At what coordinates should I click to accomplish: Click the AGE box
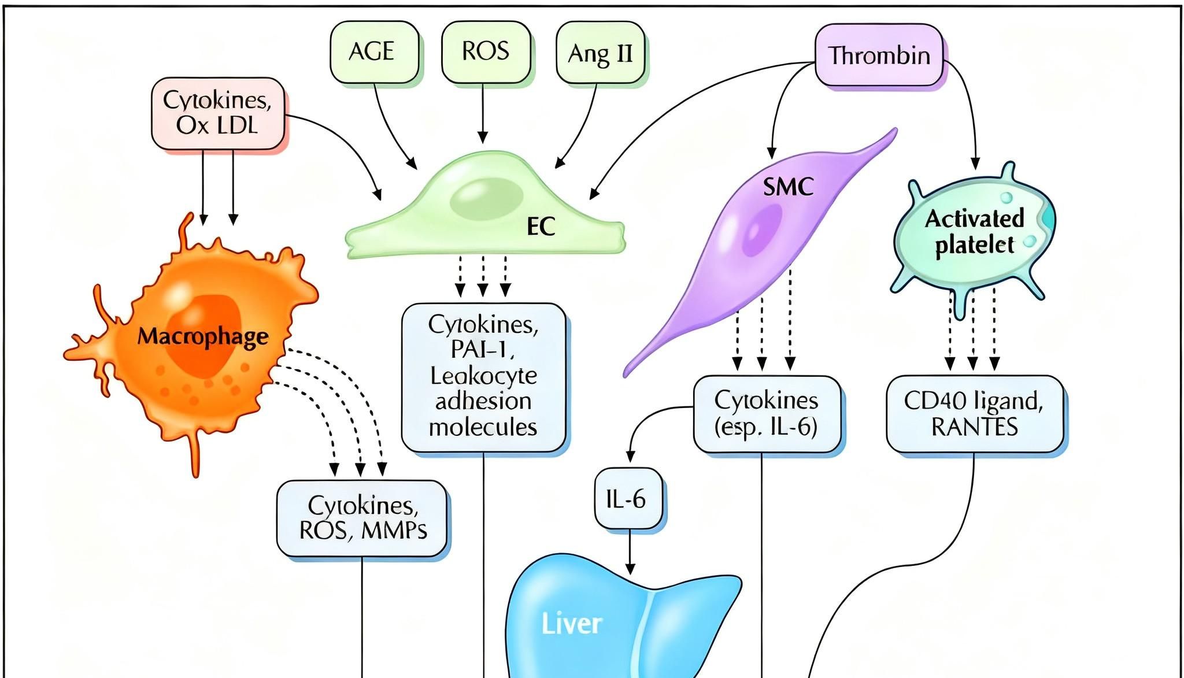point(374,52)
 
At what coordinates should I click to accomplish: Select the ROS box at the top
point(486,52)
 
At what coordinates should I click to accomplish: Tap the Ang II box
point(600,53)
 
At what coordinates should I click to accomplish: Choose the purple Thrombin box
point(879,55)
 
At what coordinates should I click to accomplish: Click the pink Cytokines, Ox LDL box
point(218,113)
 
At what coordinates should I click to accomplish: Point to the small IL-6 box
point(628,498)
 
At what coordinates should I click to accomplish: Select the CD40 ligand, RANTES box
point(974,414)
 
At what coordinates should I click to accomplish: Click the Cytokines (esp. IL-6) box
point(767,414)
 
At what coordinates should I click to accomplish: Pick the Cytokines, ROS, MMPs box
point(362,518)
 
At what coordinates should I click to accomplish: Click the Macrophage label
point(203,336)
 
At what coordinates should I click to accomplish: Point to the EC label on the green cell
point(541,227)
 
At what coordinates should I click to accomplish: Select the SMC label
point(788,187)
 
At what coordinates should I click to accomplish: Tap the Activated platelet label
point(975,231)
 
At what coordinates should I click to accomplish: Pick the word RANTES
point(974,427)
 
